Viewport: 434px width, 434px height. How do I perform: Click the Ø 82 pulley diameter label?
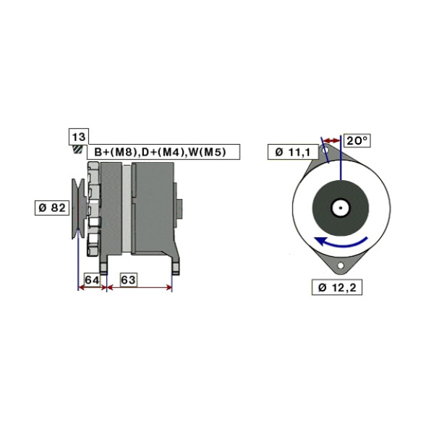click(52, 208)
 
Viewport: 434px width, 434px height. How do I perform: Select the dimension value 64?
click(92, 280)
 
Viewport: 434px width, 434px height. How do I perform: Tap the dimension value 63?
click(129, 280)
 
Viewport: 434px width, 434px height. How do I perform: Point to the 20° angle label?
click(357, 141)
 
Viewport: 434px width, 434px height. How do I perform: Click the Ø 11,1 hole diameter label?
click(293, 152)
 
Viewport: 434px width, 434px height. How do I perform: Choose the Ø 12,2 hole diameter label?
click(337, 287)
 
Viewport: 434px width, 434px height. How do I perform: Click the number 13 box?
click(79, 137)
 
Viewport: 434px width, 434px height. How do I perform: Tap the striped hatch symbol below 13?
click(77, 150)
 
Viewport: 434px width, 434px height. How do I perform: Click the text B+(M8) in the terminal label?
click(116, 152)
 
